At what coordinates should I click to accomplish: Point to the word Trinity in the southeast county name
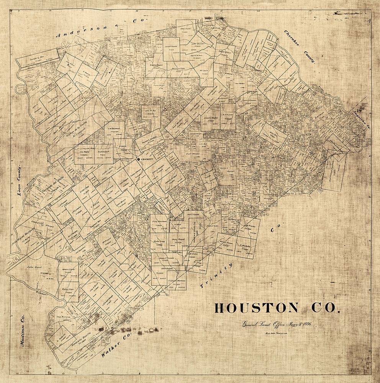pyautogui.click(x=216, y=274)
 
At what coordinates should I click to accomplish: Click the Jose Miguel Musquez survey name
pyautogui.click(x=24, y=236)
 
